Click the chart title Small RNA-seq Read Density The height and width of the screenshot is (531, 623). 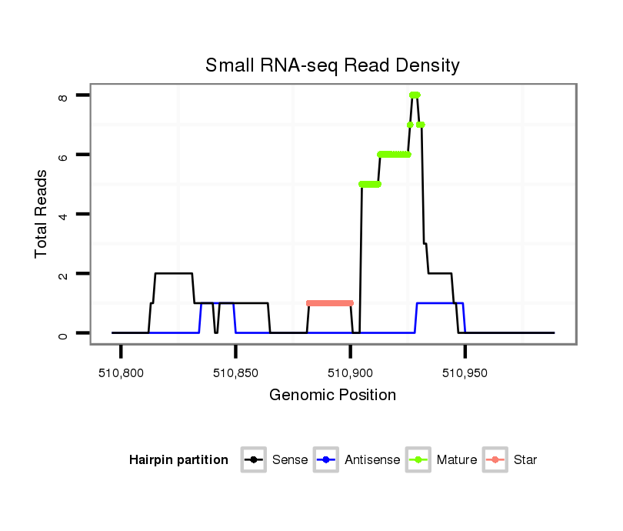pyautogui.click(x=332, y=65)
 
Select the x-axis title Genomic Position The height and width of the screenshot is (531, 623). pyautogui.click(x=332, y=396)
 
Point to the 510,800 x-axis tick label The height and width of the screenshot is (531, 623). pyautogui.click(x=121, y=374)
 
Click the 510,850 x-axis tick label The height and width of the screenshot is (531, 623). pyautogui.click(x=235, y=374)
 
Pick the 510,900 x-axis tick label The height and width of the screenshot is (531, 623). pyautogui.click(x=350, y=374)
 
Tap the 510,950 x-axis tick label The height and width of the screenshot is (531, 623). pyautogui.click(x=465, y=374)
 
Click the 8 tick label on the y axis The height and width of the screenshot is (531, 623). pyautogui.click(x=62, y=95)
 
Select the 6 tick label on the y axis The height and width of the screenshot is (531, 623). pyautogui.click(x=62, y=155)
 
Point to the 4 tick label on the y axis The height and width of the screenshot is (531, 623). pyautogui.click(x=62, y=214)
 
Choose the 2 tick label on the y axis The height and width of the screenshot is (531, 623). pyautogui.click(x=62, y=274)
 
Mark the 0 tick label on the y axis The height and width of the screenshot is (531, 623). pyautogui.click(x=62, y=333)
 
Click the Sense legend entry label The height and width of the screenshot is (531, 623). pyautogui.click(x=290, y=460)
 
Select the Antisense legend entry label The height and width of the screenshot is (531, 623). pyautogui.click(x=372, y=460)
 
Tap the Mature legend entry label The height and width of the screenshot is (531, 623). pyautogui.click(x=457, y=460)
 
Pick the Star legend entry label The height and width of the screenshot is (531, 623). pyautogui.click(x=525, y=460)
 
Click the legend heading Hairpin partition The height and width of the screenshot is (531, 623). pyautogui.click(x=179, y=460)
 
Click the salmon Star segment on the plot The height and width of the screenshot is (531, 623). pyautogui.click(x=329, y=303)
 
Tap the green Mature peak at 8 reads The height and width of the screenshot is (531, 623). pyautogui.click(x=415, y=95)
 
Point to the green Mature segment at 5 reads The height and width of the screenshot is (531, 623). pyautogui.click(x=370, y=184)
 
